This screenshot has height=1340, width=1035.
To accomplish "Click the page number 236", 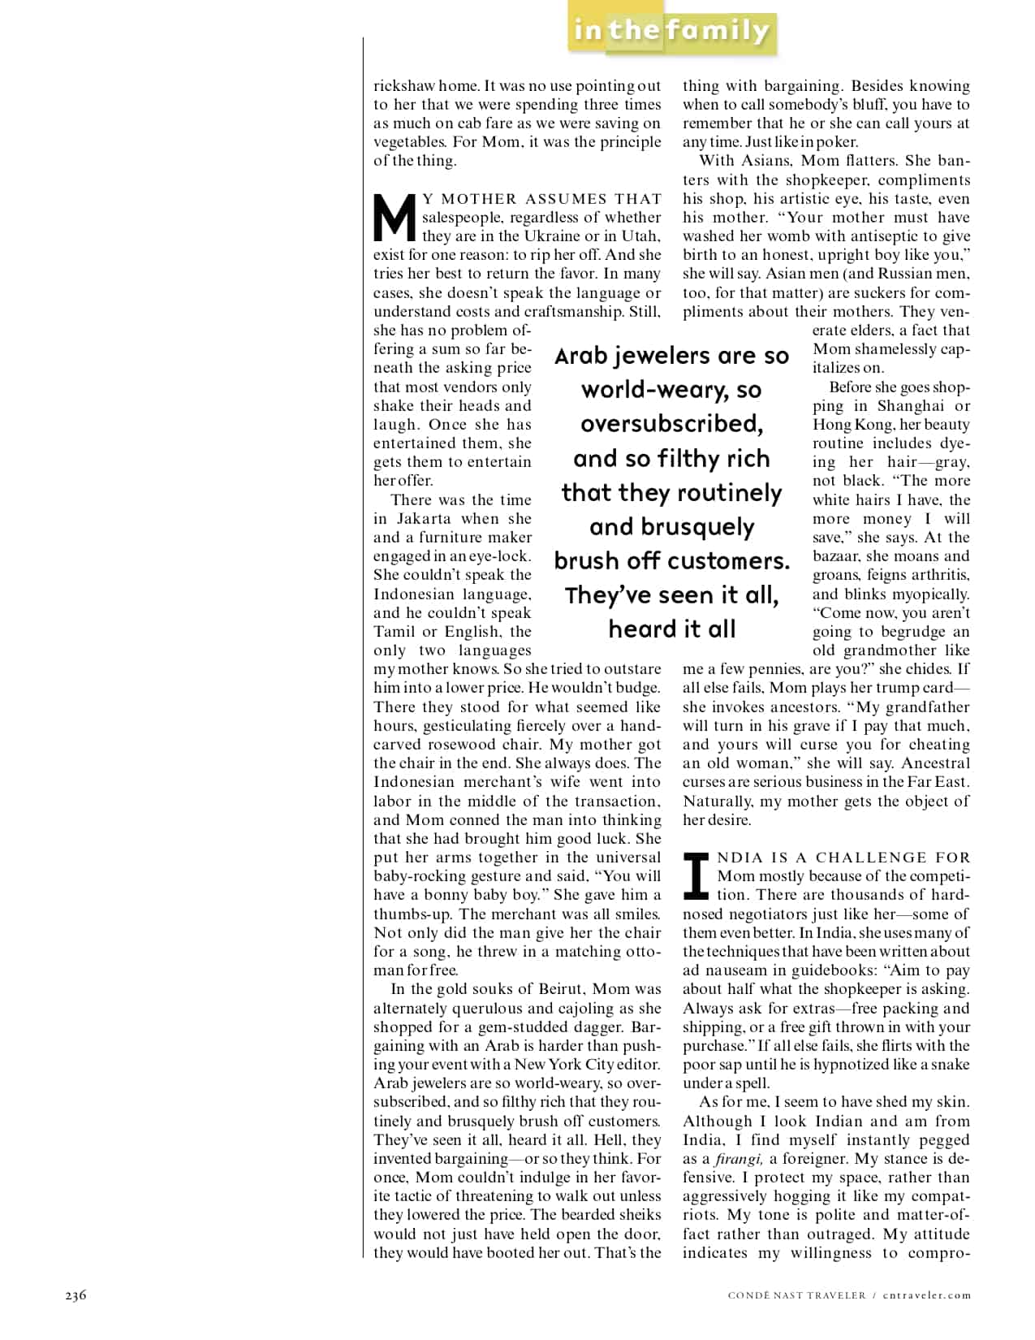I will pos(75,1295).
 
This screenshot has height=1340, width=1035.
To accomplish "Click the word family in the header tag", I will pos(719,31).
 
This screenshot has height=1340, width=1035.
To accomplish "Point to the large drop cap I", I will pos(697,876).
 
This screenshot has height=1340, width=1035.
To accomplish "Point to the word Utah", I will pos(642,236).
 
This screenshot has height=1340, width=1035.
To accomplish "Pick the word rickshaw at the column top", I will pos(404,86).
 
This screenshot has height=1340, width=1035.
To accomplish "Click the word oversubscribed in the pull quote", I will pos(671,424).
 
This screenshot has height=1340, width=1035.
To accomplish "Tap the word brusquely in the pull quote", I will pos(671,527).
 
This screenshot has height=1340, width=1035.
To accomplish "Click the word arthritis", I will pos(938,575).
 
